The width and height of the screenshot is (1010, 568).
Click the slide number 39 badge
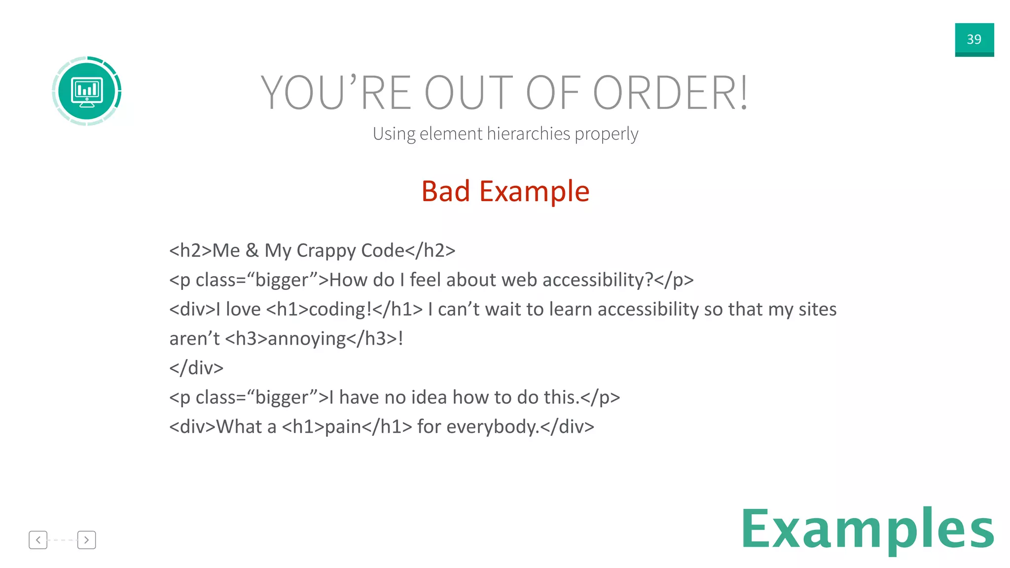(x=974, y=39)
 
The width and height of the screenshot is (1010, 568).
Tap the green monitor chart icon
(x=87, y=91)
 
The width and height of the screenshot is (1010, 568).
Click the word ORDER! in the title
(x=670, y=93)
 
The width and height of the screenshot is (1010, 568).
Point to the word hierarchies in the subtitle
(x=528, y=134)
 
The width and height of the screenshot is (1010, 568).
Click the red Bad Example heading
(x=505, y=191)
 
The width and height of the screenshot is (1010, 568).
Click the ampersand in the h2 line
(x=252, y=250)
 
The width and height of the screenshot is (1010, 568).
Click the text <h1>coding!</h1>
(x=344, y=310)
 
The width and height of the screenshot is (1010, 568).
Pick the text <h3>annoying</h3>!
(x=314, y=339)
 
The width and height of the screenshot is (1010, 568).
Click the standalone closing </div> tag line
(x=196, y=368)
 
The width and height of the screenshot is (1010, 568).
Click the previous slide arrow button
(x=38, y=540)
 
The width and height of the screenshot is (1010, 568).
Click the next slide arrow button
(x=86, y=540)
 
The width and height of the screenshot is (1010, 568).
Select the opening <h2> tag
(x=190, y=250)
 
